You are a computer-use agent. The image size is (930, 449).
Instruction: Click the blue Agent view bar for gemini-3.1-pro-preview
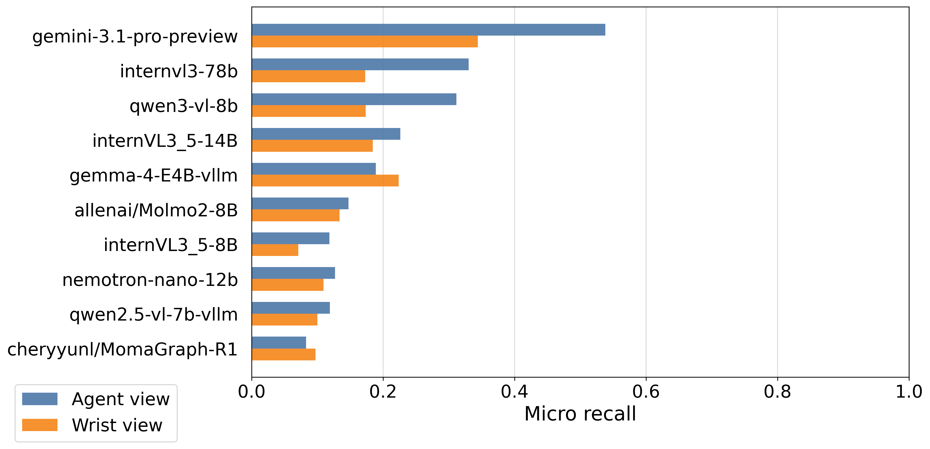click(429, 30)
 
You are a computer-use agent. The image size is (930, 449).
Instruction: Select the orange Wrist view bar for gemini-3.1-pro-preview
click(365, 41)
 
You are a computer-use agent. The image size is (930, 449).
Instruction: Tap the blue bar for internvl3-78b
click(360, 64)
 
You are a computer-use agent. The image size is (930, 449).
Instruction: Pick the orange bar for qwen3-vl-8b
click(309, 111)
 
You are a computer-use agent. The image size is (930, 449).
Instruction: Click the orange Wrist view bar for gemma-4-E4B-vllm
click(325, 181)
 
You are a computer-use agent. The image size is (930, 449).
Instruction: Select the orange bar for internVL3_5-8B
click(275, 250)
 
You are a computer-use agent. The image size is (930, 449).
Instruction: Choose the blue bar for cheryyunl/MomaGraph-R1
click(279, 342)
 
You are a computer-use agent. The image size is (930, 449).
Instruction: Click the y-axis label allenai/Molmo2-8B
click(156, 210)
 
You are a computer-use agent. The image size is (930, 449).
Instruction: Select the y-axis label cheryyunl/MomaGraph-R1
click(122, 349)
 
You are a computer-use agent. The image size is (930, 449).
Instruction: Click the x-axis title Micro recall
click(580, 414)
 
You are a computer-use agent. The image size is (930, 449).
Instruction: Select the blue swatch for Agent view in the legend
click(40, 399)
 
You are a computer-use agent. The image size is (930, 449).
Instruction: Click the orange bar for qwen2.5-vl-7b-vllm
click(284, 320)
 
